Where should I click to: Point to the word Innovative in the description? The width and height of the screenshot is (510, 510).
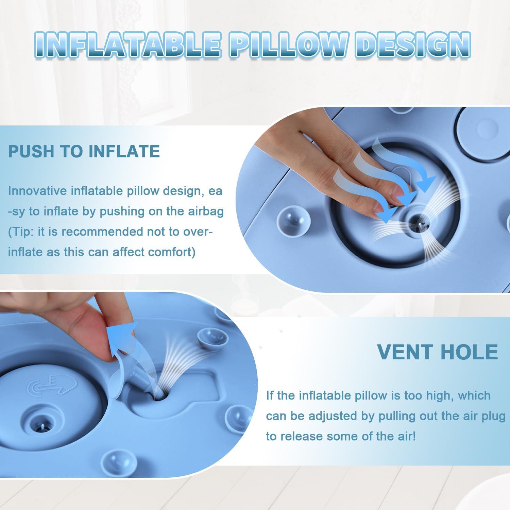pos(37,191)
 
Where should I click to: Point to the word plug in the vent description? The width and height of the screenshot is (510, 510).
pos(493,416)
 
